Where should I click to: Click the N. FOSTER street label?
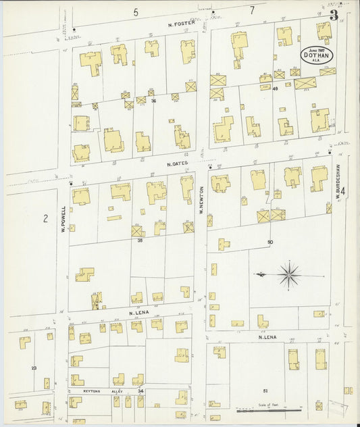click(x=182, y=22)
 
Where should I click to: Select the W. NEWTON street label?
click(x=201, y=201)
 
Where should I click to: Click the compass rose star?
click(x=289, y=274)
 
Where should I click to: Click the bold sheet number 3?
click(x=333, y=15)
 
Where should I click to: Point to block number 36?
click(x=153, y=101)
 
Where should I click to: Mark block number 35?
click(x=140, y=240)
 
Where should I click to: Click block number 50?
click(x=269, y=241)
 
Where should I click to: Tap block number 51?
click(x=265, y=391)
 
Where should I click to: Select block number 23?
click(x=33, y=368)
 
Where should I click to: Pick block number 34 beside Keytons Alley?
click(x=140, y=391)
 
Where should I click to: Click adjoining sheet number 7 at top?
click(x=251, y=10)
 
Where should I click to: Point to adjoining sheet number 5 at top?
click(x=135, y=11)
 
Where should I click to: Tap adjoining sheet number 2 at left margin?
click(x=45, y=218)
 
